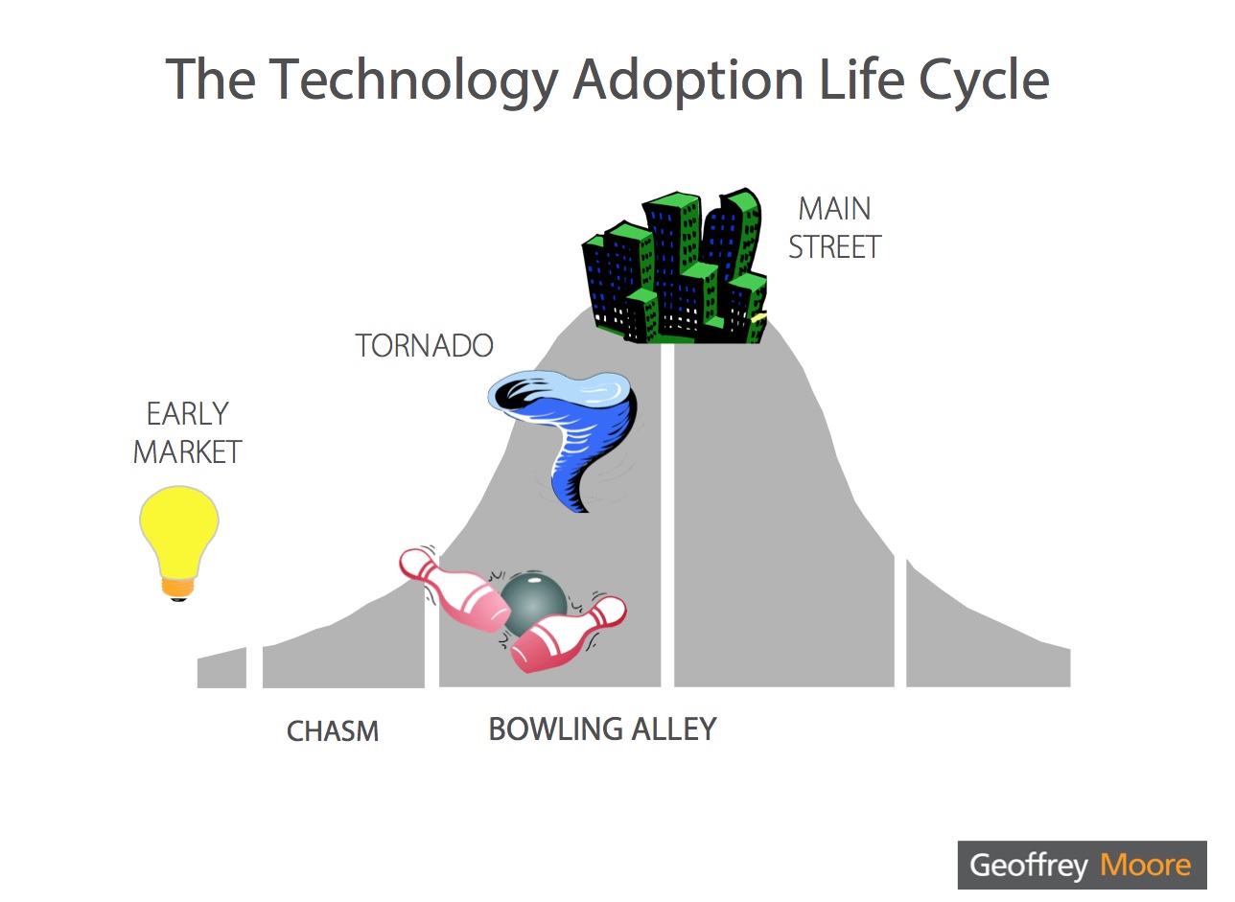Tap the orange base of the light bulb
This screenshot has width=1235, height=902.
pyautogui.click(x=178, y=589)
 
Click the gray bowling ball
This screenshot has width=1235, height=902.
pyautogui.click(x=533, y=605)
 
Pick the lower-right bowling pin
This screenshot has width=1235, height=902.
pyautogui.click(x=569, y=635)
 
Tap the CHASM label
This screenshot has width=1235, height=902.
pyautogui.click(x=333, y=731)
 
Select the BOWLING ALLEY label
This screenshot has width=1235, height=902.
pyautogui.click(x=602, y=729)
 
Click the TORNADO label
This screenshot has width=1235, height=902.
pyautogui.click(x=424, y=345)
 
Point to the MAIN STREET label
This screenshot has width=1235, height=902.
pyautogui.click(x=835, y=227)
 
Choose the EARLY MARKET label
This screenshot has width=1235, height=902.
pyautogui.click(x=188, y=432)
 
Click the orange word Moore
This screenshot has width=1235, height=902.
pyautogui.click(x=1146, y=866)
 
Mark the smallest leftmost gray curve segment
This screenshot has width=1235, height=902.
pyautogui.click(x=221, y=667)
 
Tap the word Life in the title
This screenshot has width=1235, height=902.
pyautogui.click(x=862, y=79)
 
